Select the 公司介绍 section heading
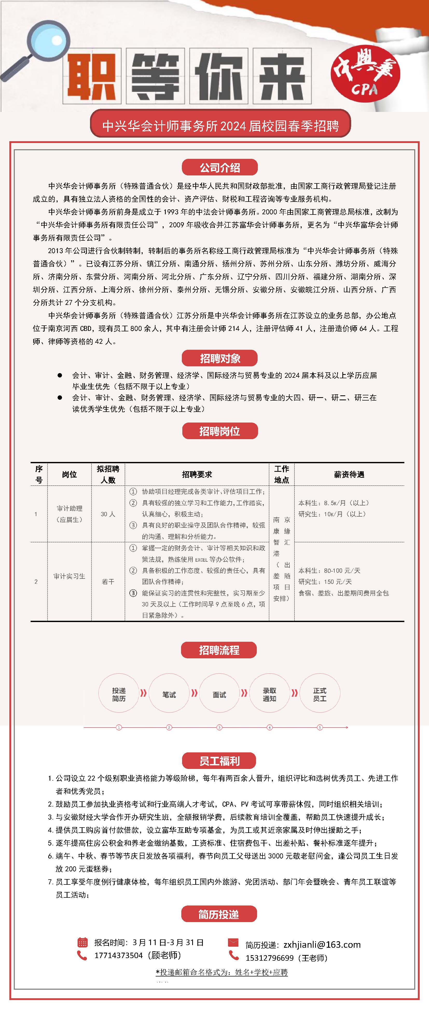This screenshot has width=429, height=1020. click(220, 167)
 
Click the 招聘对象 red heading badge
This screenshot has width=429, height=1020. click(220, 358)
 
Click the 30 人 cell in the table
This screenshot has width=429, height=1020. click(108, 514)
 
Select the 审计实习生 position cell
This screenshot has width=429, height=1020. click(70, 576)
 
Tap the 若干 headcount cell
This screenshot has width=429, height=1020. click(108, 582)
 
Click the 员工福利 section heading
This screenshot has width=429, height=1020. click(219, 761)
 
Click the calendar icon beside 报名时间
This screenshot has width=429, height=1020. click(82, 942)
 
